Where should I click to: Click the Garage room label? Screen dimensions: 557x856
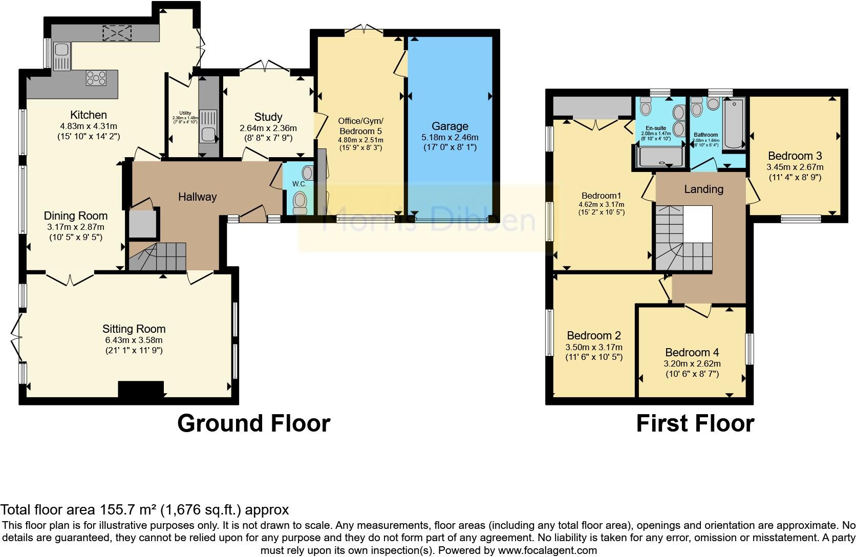pyautogui.click(x=450, y=126)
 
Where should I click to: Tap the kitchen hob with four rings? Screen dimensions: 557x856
pyautogui.click(x=96, y=78)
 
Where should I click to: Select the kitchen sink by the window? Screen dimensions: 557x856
pyautogui.click(x=62, y=56)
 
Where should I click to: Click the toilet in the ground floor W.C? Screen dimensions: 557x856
pyautogui.click(x=300, y=203)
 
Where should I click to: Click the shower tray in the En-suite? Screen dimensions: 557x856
pyautogui.click(x=660, y=157)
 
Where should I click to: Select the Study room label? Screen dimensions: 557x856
pyautogui.click(x=268, y=117)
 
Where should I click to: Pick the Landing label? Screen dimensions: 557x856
pyautogui.click(x=703, y=189)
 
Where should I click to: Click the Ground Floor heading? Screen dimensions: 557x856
pyautogui.click(x=253, y=423)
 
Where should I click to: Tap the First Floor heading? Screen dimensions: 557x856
pyautogui.click(x=695, y=423)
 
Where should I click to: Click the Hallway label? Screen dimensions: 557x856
pyautogui.click(x=197, y=197)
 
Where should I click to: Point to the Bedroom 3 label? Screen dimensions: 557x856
pyautogui.click(x=795, y=156)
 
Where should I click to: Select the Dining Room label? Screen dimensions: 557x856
pyautogui.click(x=75, y=216)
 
